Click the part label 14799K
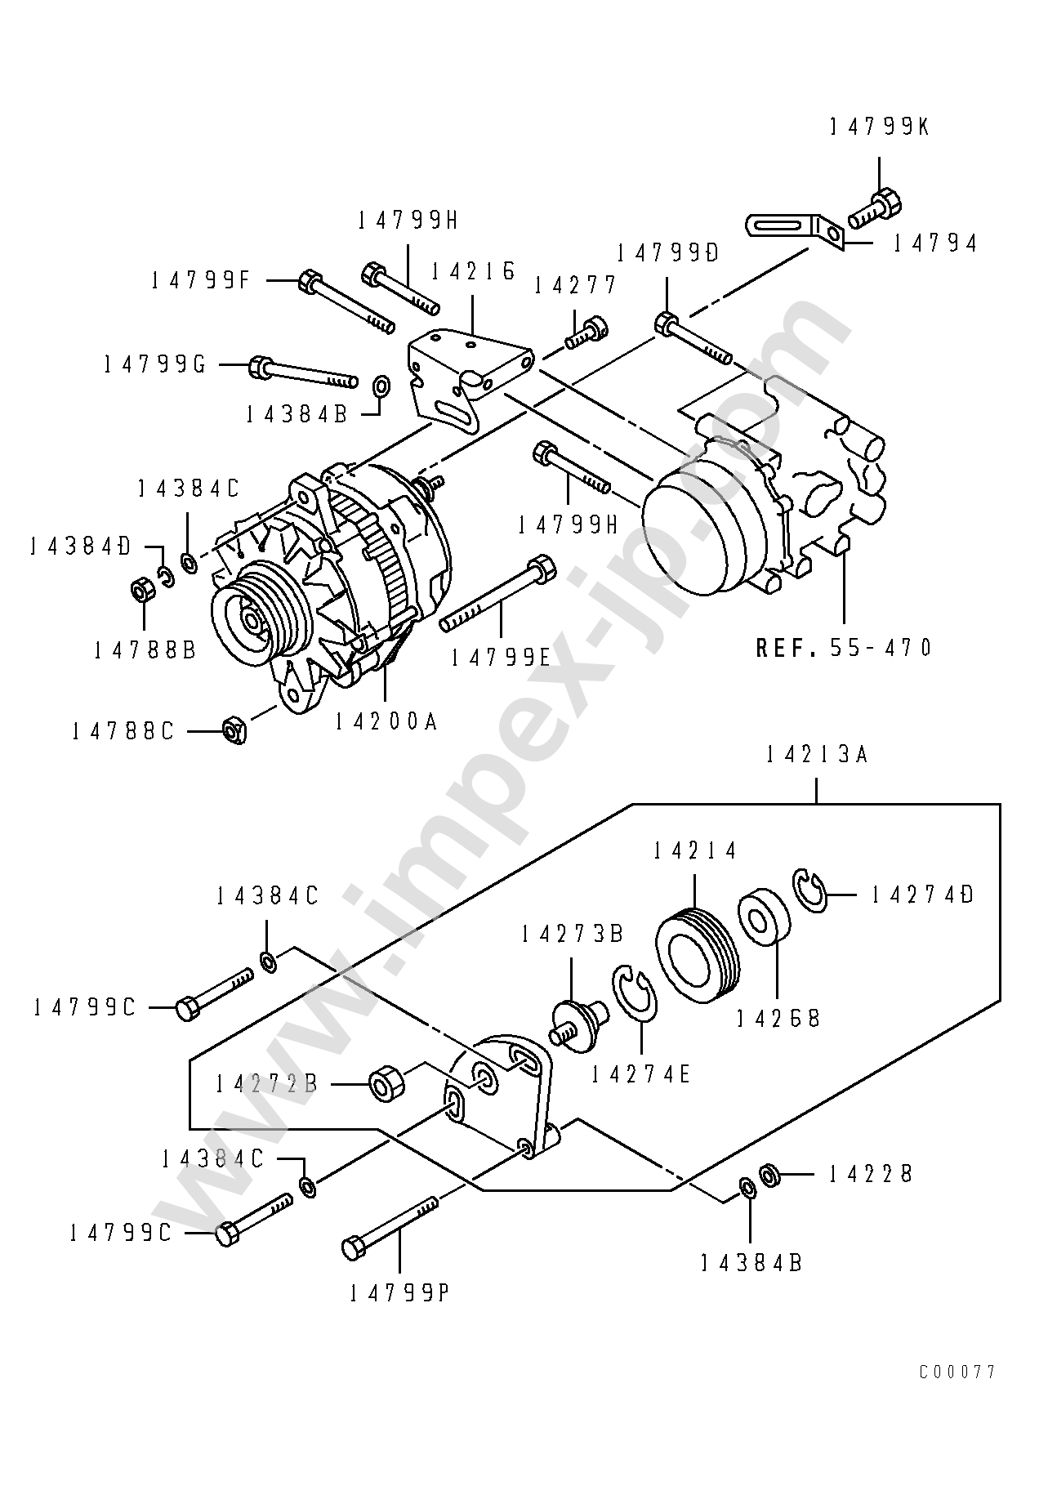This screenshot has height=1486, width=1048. (x=879, y=127)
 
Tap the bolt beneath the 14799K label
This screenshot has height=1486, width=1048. (x=874, y=209)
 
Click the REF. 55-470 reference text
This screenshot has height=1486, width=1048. (x=843, y=648)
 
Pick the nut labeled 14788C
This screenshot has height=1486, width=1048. (x=234, y=729)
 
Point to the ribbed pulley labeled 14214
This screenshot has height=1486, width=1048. (x=697, y=955)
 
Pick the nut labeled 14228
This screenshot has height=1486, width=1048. (x=769, y=1176)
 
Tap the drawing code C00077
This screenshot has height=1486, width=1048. (x=957, y=1372)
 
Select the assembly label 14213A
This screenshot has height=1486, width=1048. (x=817, y=755)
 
